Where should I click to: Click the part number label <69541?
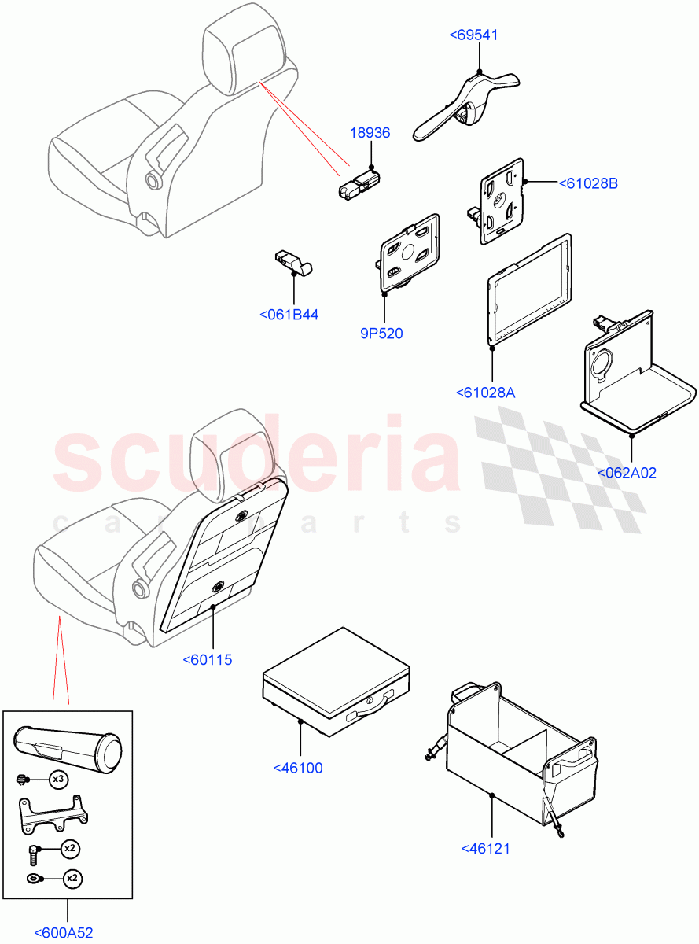[473, 35]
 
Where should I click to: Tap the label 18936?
[370, 134]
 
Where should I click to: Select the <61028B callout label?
[588, 183]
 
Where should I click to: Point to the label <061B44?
[289, 315]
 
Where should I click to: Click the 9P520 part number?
[381, 334]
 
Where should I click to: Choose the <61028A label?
[485, 393]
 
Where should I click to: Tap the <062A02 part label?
[627, 473]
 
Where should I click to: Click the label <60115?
[207, 660]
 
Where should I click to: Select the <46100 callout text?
[297, 768]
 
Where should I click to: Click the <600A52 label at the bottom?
[64, 933]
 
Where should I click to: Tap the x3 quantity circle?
[58, 780]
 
